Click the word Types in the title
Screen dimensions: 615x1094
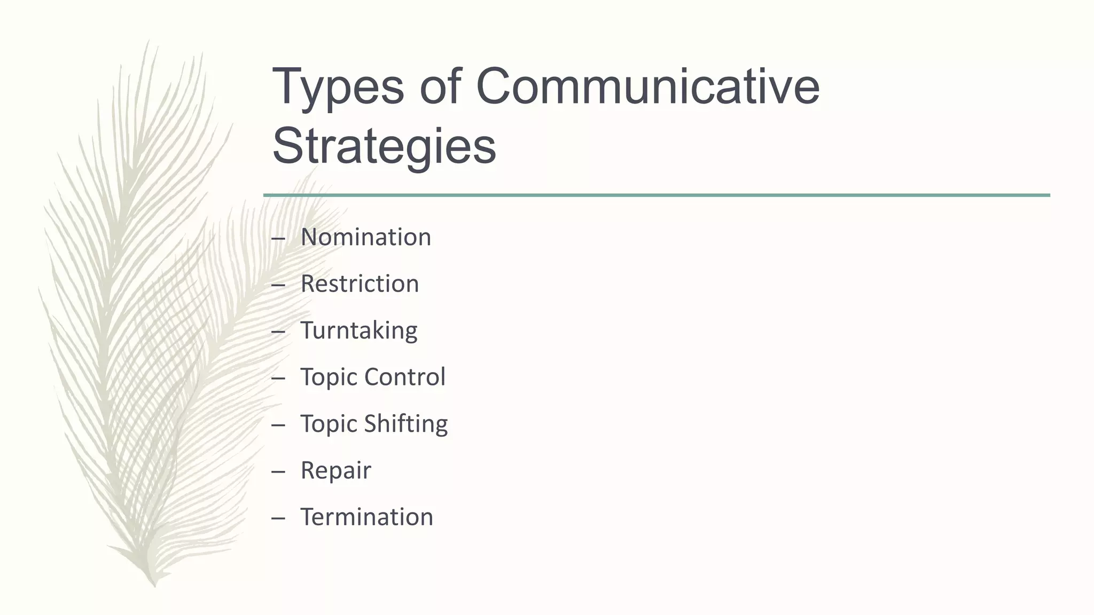tap(338, 86)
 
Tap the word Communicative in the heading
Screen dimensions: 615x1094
tap(647, 86)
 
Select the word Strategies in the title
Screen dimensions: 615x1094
tap(384, 146)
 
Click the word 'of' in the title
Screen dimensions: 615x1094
tap(440, 86)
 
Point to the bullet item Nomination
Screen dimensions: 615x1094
tap(365, 237)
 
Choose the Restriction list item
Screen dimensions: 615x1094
tap(360, 283)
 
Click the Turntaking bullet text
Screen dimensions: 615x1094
tap(358, 330)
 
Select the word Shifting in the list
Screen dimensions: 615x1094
tap(406, 424)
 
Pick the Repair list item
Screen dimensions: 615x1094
tap(335, 470)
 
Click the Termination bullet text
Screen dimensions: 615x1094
tap(366, 517)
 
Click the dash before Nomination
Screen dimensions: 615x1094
tap(278, 239)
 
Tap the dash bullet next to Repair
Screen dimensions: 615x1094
tap(278, 472)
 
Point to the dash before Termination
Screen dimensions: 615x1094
tap(278, 518)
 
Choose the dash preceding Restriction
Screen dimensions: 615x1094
tap(278, 285)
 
